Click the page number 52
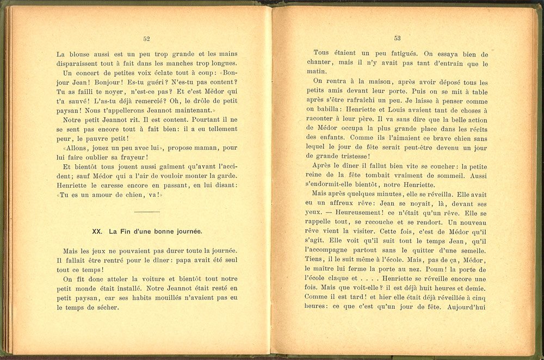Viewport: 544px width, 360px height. pos(146,39)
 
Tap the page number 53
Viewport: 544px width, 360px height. pos(397,38)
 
